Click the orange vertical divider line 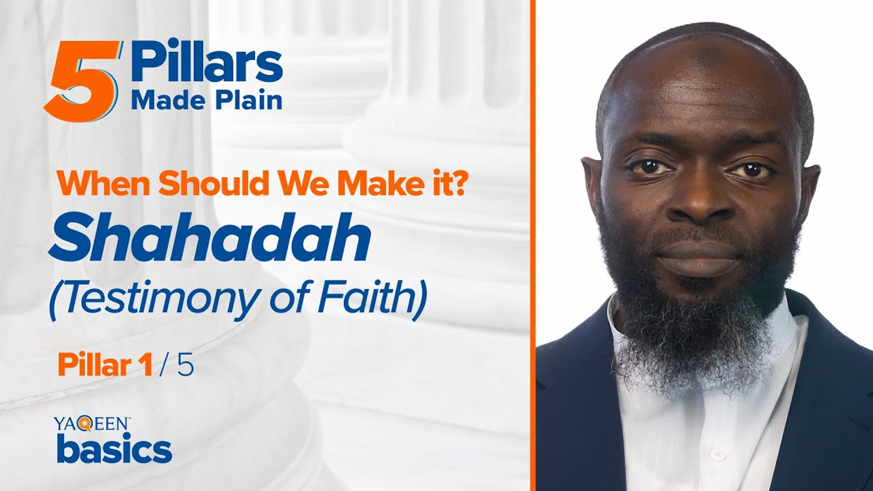coord(533,245)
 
